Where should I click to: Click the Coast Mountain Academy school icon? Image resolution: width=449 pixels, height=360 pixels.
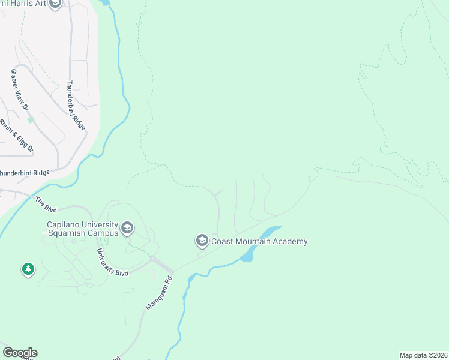[202, 241]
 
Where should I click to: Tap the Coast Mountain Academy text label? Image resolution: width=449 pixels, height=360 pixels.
[259, 242]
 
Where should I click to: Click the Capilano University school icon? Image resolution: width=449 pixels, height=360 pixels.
[127, 228]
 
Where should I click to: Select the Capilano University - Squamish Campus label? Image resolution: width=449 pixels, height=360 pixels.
[82, 229]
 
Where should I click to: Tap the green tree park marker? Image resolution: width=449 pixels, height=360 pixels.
[28, 269]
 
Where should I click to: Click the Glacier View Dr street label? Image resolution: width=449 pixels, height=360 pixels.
[19, 91]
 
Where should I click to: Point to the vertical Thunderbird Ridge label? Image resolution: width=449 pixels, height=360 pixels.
[77, 106]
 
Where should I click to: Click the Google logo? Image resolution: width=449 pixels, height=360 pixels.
[20, 353]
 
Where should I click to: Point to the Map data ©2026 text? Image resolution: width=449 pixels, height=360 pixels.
[423, 355]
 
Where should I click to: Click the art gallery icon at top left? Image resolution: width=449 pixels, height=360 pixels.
[55, 5]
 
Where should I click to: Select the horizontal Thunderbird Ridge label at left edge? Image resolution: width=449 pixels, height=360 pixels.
[24, 173]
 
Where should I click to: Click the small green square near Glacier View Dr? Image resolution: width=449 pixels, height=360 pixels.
[31, 119]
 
